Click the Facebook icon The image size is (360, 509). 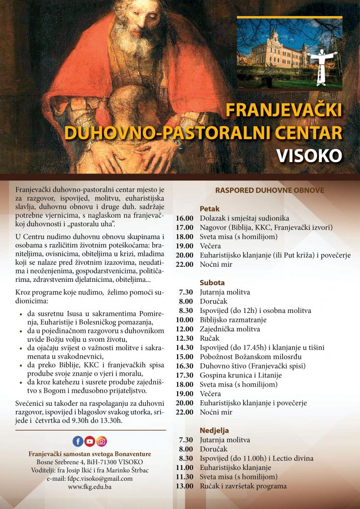(x=78, y=442)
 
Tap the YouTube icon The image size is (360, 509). (x=90, y=442)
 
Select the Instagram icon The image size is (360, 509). (x=101, y=442)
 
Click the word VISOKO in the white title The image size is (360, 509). (x=309, y=155)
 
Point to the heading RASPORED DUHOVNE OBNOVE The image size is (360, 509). (x=270, y=190)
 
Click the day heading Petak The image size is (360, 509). (x=209, y=209)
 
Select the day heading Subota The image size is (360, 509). (x=212, y=283)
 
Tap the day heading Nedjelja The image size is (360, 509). (x=214, y=430)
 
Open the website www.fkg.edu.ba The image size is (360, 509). (x=90, y=487)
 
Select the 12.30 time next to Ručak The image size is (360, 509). (x=185, y=338)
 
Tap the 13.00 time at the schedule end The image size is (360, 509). (x=185, y=486)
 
